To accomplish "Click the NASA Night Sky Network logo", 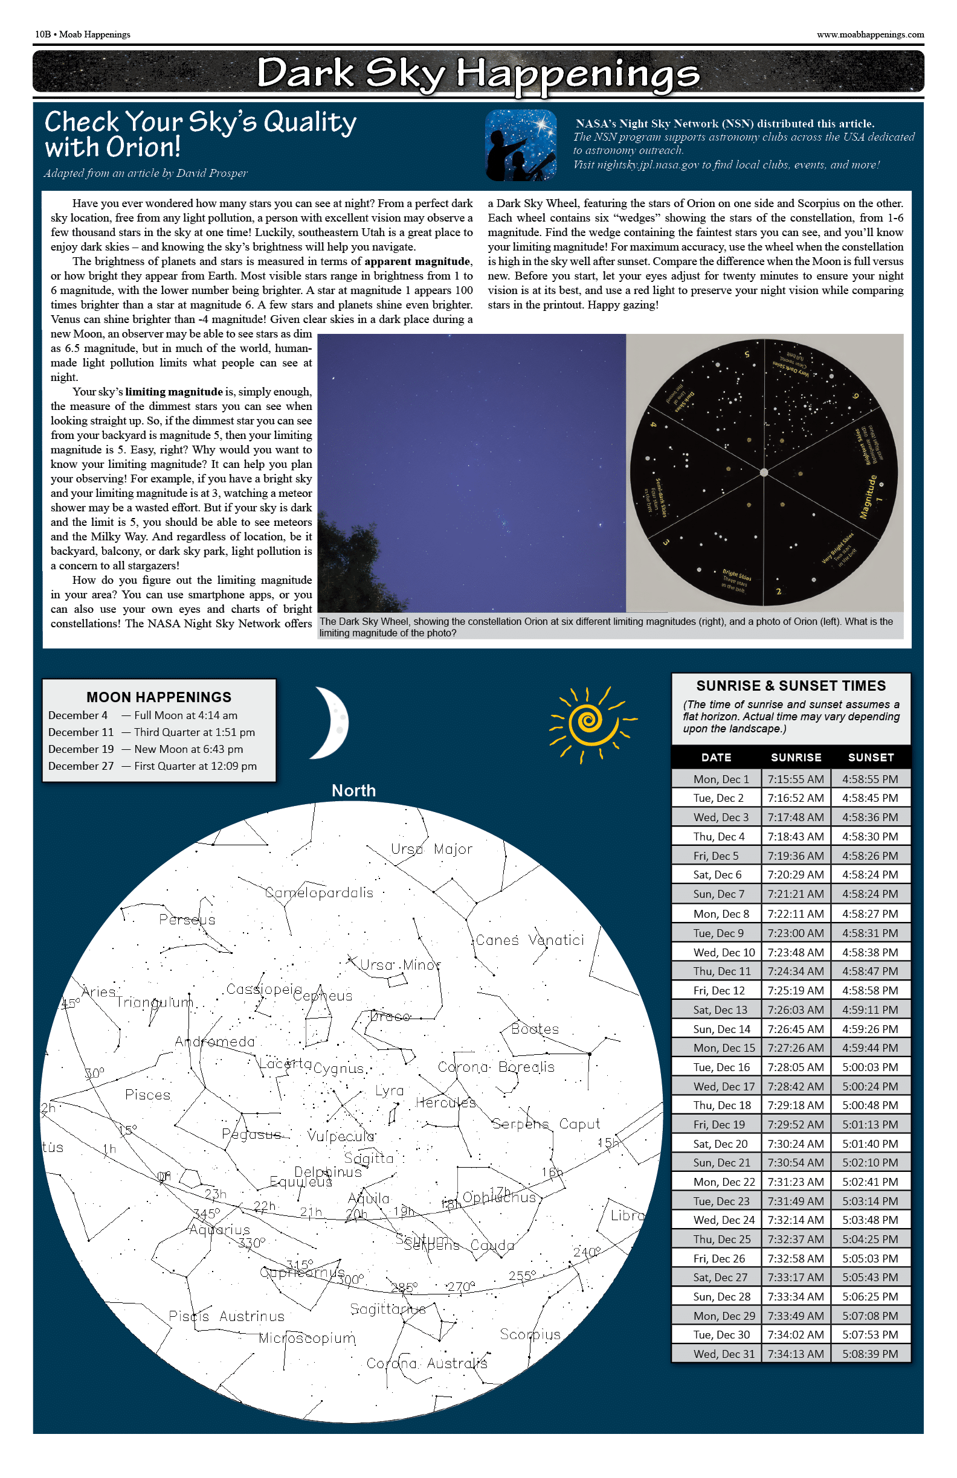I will coord(521,146).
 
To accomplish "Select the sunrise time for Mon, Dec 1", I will coord(796,779).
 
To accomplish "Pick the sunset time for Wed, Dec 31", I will coord(870,1354).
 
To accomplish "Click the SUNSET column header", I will coord(871,757).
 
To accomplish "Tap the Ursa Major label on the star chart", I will coord(431,849).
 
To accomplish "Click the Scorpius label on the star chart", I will coord(530,1334).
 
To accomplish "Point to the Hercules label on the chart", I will coord(445,1103).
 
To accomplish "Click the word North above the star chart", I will coord(353,790).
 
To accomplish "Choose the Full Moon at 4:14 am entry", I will coord(185,715).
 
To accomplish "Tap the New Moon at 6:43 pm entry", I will coord(188,749).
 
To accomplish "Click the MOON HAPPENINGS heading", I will coord(159,697).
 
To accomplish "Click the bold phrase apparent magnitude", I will coord(417,261).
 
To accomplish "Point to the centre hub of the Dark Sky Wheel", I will coord(764,473).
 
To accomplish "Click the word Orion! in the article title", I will coord(144,148).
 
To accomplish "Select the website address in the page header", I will coord(870,35).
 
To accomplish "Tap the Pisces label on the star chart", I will coord(148,1095).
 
